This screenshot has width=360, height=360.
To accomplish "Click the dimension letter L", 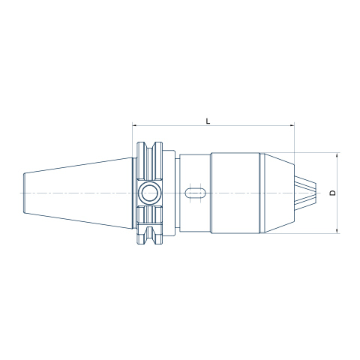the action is [208, 121].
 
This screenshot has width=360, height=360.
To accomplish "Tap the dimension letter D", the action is [333, 193].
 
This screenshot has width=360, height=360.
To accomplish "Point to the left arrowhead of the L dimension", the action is [134, 125].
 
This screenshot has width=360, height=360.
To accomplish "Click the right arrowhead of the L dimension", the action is [292, 125].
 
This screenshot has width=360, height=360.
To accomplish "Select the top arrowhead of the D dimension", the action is [337, 154].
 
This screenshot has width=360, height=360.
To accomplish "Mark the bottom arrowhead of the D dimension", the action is [337, 231].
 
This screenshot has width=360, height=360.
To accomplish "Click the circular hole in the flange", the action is [149, 193].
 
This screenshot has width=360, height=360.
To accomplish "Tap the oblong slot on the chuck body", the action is [195, 193].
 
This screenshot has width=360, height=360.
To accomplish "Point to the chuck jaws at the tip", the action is [305, 193].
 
